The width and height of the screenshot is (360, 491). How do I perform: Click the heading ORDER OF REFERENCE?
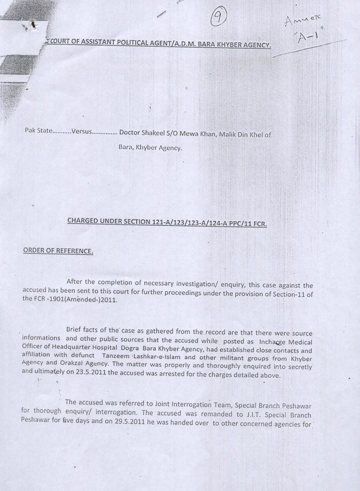tap(58, 251)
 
